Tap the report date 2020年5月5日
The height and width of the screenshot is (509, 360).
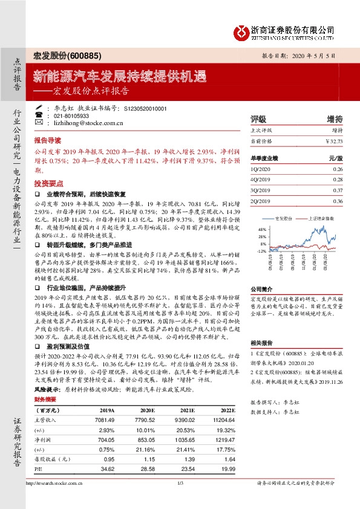pos(315,55)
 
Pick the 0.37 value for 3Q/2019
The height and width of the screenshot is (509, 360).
pos(338,190)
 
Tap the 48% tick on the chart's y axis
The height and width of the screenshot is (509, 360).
pos(262,230)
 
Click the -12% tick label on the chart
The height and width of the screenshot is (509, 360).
pos(261,250)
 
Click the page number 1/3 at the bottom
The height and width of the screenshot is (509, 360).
pos(180,500)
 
